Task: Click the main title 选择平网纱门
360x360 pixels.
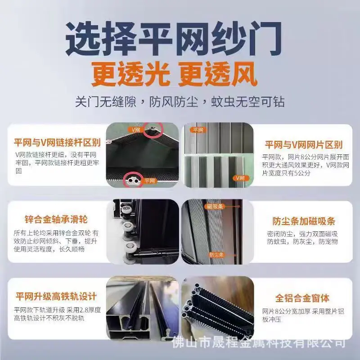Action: [x=174, y=38]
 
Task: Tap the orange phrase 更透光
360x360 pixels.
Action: [x=130, y=74]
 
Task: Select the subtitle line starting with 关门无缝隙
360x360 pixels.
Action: [x=180, y=102]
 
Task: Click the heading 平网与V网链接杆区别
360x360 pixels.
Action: [x=58, y=143]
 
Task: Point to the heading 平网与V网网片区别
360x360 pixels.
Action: [x=303, y=144]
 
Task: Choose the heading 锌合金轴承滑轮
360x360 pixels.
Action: [x=56, y=219]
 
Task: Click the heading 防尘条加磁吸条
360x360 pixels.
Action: [x=304, y=221]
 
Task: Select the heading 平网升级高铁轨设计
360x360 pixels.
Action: [x=56, y=296]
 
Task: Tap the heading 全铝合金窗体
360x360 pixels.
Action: [x=302, y=298]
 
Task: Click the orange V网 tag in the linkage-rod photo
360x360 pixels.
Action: [x=136, y=130]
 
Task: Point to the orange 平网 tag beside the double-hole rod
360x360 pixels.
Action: [x=149, y=181]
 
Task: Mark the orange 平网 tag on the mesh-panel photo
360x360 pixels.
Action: [x=198, y=130]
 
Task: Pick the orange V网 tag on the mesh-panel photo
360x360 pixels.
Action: [x=240, y=178]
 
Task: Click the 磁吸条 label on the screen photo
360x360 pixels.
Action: [x=215, y=207]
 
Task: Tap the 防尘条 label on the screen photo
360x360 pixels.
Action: [x=216, y=255]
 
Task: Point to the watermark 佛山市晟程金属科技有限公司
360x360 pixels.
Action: [x=259, y=343]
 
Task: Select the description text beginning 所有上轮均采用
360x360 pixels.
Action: [x=56, y=241]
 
